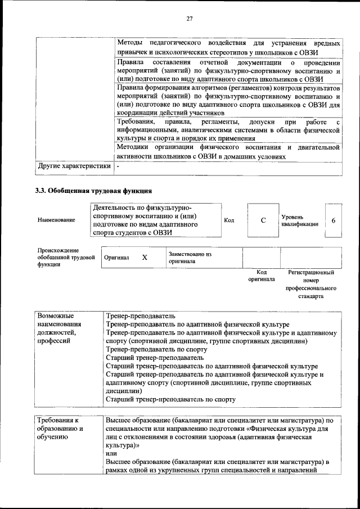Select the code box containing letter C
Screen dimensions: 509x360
[x=263, y=220]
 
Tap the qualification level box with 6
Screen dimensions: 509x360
[x=333, y=220]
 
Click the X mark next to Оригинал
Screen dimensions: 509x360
[x=145, y=257]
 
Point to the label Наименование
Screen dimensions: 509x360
[x=56, y=220]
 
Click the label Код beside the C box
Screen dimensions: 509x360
[x=229, y=220]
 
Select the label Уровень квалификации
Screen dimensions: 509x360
[x=300, y=220]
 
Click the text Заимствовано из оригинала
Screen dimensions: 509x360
[x=190, y=258]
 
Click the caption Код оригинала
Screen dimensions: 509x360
[x=262, y=276]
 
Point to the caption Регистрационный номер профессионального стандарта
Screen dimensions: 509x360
[x=310, y=283]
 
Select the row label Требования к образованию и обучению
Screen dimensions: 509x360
[x=60, y=429]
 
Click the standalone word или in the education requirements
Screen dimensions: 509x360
[x=112, y=453]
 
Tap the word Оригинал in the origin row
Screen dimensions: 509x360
[x=116, y=258]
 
